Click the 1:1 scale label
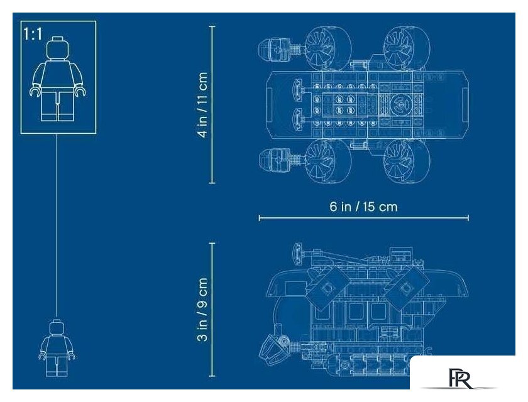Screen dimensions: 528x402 pos(33,34)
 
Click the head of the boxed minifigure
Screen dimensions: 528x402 pos(59,48)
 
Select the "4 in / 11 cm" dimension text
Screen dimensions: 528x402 pos(202,105)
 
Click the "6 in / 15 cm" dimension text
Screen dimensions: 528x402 pos(364,206)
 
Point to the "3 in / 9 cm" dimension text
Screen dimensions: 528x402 pos(202,310)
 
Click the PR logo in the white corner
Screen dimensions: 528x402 pos(461,378)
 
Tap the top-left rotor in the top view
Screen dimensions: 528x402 pos(328,48)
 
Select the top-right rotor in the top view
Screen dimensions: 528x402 pos(407,48)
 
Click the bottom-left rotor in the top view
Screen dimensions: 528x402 pos(328,161)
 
